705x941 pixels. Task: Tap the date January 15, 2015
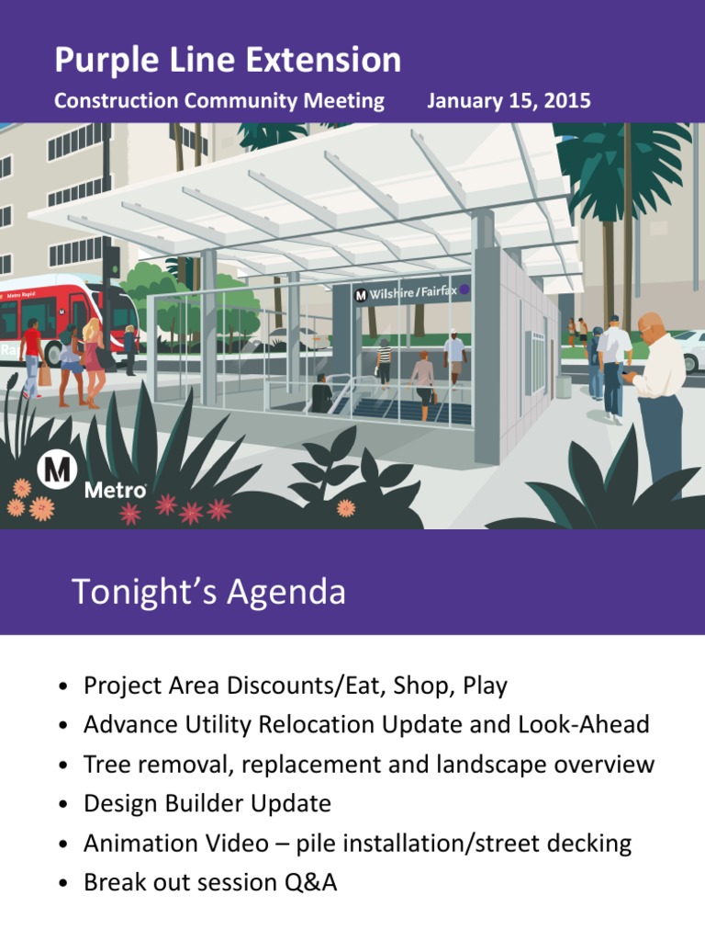click(x=509, y=101)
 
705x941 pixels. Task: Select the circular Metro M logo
click(x=56, y=471)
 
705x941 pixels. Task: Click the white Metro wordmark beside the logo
click(x=115, y=491)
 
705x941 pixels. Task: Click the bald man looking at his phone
click(x=657, y=386)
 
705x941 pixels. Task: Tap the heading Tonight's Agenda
click(x=208, y=593)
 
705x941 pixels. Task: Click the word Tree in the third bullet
click(x=104, y=765)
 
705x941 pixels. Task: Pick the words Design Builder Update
click(x=207, y=804)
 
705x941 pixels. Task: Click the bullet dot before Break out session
click(x=62, y=885)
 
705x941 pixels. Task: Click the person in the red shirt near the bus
click(x=33, y=354)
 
